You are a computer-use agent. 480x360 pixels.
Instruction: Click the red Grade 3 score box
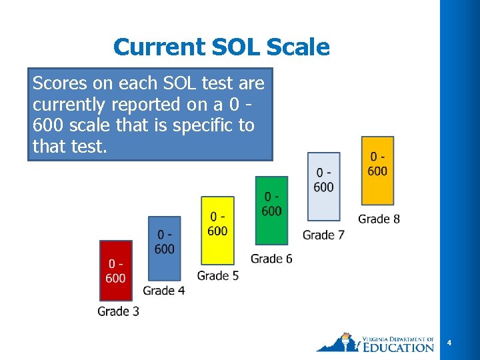pyautogui.click(x=115, y=271)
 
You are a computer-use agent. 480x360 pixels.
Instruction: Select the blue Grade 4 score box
pyautogui.click(x=164, y=248)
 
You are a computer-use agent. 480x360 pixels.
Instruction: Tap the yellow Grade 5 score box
pyautogui.click(x=217, y=229)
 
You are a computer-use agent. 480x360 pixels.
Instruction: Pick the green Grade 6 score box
pyautogui.click(x=271, y=209)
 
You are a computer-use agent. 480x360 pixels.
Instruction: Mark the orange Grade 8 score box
pyautogui.click(x=377, y=171)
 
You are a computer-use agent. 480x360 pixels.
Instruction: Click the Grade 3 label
pyautogui.click(x=118, y=311)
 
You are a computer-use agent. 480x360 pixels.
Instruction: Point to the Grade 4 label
pyautogui.click(x=164, y=290)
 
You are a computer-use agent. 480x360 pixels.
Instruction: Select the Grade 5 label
pyautogui.click(x=218, y=275)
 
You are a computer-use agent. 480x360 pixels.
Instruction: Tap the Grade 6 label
pyautogui.click(x=271, y=258)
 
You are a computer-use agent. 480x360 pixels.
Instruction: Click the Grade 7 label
pyautogui.click(x=323, y=235)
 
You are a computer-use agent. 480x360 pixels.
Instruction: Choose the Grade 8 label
pyautogui.click(x=379, y=219)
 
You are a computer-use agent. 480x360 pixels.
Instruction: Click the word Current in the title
pyautogui.click(x=159, y=47)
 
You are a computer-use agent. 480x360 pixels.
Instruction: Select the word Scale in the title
pyautogui.click(x=298, y=47)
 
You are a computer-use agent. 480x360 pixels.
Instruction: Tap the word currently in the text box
pyautogui.click(x=74, y=105)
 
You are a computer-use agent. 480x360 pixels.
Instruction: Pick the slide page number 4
pyautogui.click(x=449, y=343)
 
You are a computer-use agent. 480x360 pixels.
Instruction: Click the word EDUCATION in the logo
pyautogui.click(x=399, y=347)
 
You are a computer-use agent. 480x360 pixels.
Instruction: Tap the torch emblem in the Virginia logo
pyautogui.click(x=345, y=341)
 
